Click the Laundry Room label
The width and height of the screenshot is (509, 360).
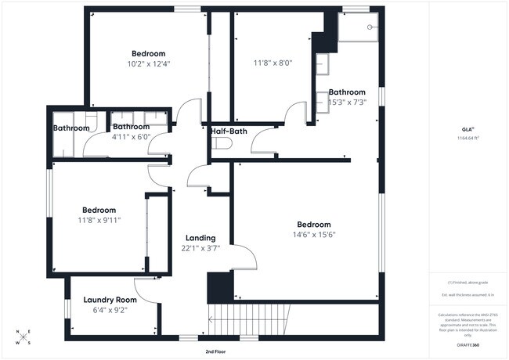tap(110, 300)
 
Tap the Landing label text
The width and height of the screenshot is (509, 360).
tap(200, 238)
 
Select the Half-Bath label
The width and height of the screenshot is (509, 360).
tap(229, 131)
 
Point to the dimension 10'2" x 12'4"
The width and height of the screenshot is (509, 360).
tap(148, 64)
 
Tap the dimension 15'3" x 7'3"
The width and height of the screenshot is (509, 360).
tap(347, 102)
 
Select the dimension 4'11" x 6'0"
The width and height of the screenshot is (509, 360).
tap(131, 137)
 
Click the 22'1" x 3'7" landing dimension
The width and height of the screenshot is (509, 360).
tap(200, 248)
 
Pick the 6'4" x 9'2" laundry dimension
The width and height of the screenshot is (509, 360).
tap(110, 310)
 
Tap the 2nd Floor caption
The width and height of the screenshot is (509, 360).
tap(216, 352)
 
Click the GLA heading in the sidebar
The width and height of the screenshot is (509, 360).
tap(467, 129)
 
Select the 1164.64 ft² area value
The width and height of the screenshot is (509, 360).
tap(467, 139)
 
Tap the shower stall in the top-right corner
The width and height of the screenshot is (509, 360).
tap(359, 29)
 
